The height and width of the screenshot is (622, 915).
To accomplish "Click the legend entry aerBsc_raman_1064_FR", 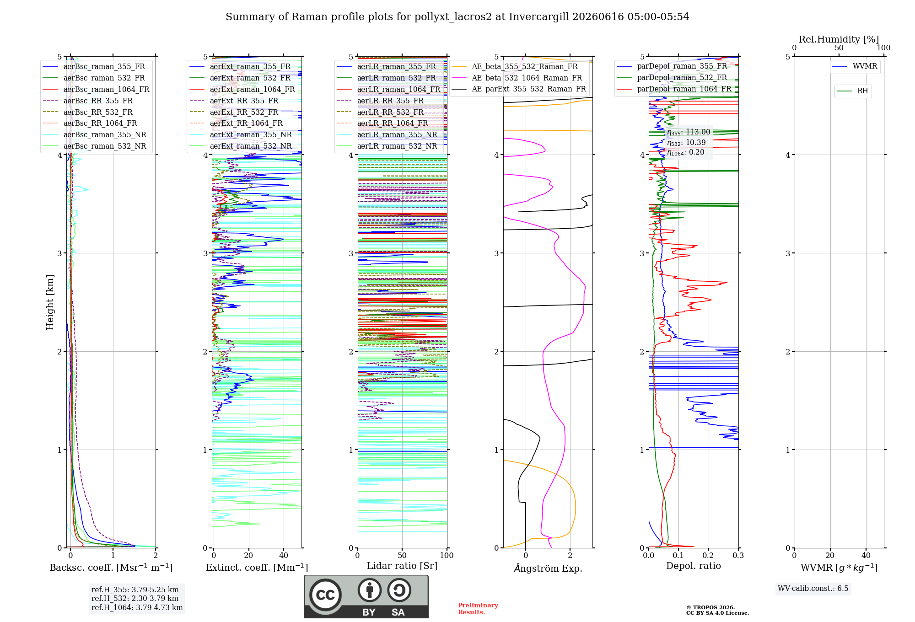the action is pos(96,89).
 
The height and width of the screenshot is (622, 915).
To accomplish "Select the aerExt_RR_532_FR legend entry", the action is pos(234,112).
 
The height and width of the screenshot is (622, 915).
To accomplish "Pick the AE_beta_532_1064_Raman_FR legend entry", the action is pos(517,78).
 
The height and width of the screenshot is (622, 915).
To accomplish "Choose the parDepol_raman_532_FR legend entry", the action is pos(672,77).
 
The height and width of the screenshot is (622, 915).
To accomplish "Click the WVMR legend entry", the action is pos(855,66).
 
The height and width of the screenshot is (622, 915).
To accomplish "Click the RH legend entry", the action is pos(853,91).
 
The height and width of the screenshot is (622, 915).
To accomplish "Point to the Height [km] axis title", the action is pos(50,302).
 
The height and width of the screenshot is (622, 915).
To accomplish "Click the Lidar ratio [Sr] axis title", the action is pos(402,566).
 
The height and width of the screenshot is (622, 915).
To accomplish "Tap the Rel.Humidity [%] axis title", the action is pos(839,39).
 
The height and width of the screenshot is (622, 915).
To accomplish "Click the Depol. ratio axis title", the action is pos(694,566).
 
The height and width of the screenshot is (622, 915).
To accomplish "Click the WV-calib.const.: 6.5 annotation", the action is pos(813,588).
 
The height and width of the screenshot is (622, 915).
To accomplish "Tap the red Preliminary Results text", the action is pos(478,609).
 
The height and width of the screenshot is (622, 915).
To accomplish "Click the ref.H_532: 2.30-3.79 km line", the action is pos(135,598).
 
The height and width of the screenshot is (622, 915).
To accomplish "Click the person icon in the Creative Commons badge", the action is pos(370,590).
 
